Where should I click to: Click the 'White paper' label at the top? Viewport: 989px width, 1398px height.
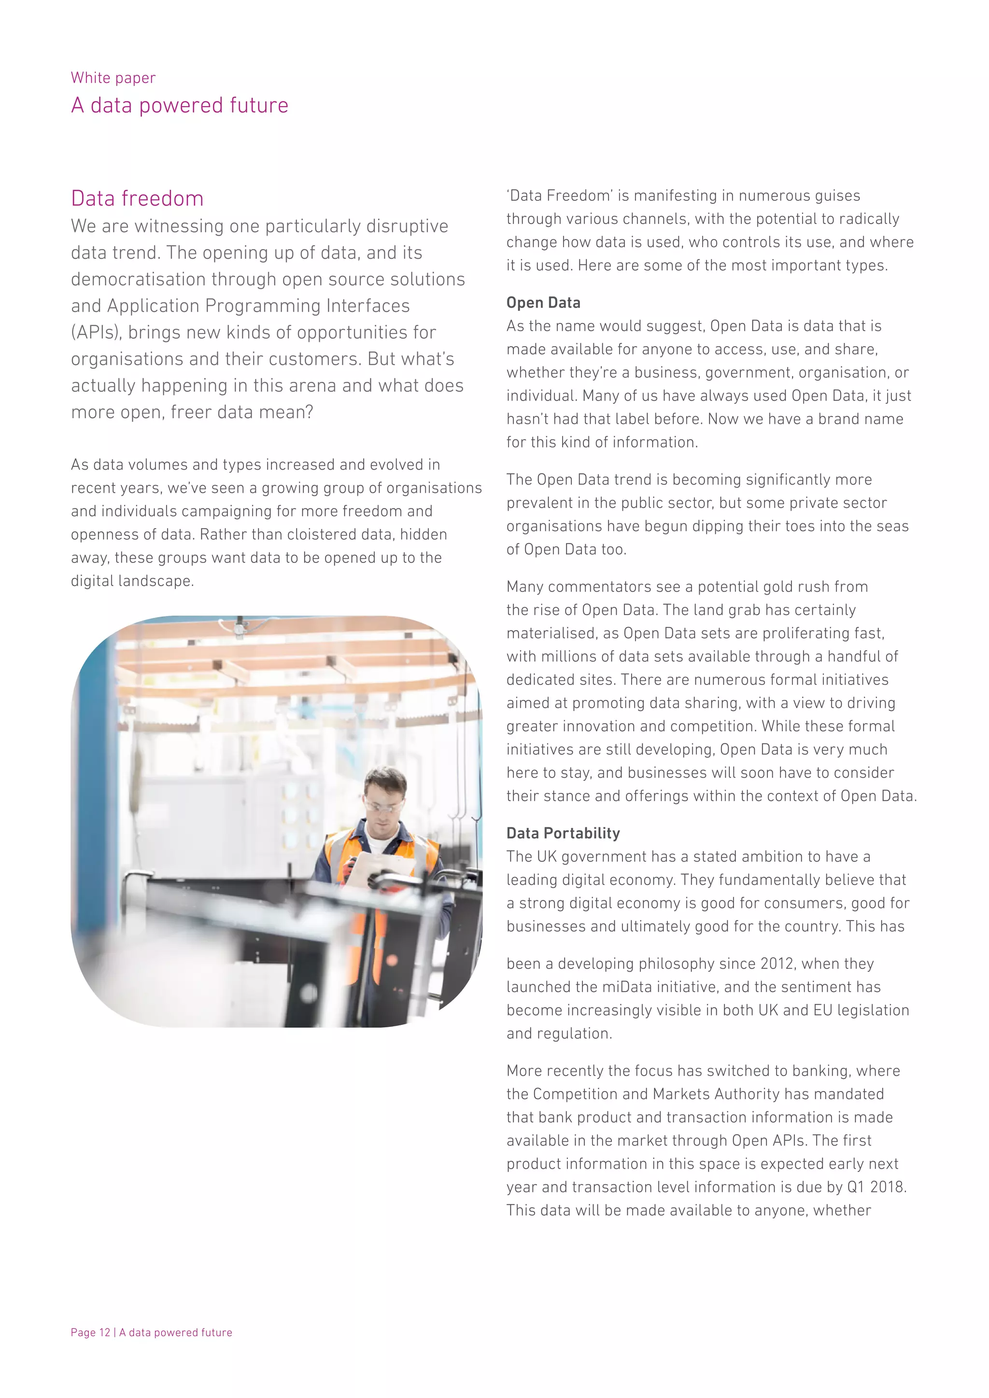point(113,78)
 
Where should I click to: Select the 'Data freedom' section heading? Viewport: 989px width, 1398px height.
point(137,198)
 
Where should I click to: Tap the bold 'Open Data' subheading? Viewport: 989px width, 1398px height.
point(543,303)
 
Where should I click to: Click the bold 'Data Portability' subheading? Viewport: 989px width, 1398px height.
point(564,833)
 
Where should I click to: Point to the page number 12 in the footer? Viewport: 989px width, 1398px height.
point(105,1332)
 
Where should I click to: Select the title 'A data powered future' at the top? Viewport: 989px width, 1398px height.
point(180,105)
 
